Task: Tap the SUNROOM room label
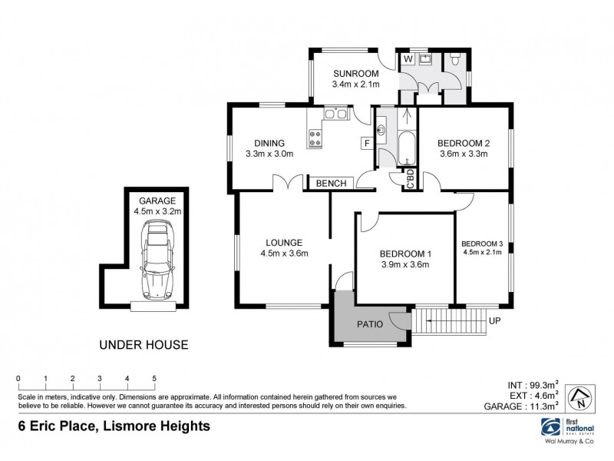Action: pyautogui.click(x=352, y=74)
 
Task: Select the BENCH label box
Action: pyautogui.click(x=331, y=183)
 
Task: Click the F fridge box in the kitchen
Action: pyautogui.click(x=367, y=143)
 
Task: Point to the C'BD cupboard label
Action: pyautogui.click(x=411, y=180)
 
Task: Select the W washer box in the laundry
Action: pyautogui.click(x=408, y=58)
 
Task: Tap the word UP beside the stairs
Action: pyautogui.click(x=495, y=321)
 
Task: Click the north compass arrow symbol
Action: pyautogui.click(x=579, y=398)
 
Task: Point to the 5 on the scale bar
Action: pyautogui.click(x=154, y=378)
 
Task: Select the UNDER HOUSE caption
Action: pyautogui.click(x=144, y=345)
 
